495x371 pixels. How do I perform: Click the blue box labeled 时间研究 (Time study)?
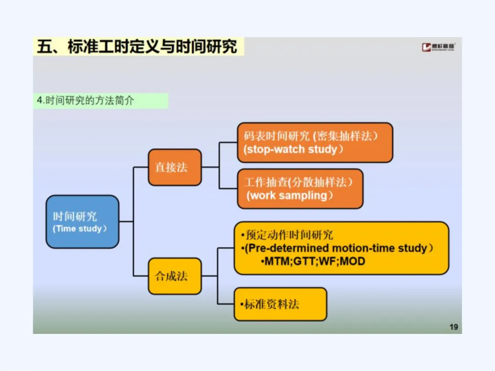coord(82,222)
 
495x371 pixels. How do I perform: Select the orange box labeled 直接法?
coord(175,167)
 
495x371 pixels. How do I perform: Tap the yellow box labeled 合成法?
coord(175,276)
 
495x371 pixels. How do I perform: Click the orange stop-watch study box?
coord(315,142)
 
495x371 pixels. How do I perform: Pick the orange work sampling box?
coord(300,189)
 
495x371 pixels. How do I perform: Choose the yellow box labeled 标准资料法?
coord(280,304)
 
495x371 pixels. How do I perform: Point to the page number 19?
coord(454,327)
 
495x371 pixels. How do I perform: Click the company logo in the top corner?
coord(439,47)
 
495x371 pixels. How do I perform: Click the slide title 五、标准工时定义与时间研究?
coord(137,47)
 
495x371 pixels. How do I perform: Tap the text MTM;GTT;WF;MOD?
coord(315,262)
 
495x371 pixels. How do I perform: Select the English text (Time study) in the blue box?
coord(80,229)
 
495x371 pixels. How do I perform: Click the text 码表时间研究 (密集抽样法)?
coord(312,136)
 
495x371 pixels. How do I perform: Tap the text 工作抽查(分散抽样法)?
coord(299,182)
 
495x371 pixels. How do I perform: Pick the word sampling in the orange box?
coord(303,196)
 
